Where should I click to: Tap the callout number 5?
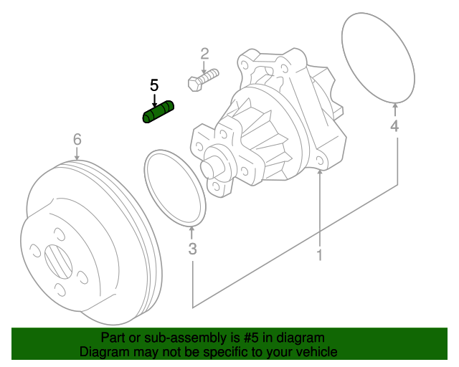[154, 85]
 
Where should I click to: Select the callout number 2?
[204, 53]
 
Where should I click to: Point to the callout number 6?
[77, 139]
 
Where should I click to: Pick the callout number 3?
[192, 249]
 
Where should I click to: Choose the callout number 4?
[394, 127]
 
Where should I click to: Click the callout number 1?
[320, 254]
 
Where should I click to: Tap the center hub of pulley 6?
[57, 261]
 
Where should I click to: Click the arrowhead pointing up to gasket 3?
[192, 230]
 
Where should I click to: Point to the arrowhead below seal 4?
[394, 108]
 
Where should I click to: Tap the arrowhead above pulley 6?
[77, 155]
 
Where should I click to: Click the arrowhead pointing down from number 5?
[154, 103]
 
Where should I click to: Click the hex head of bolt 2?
[193, 83]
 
